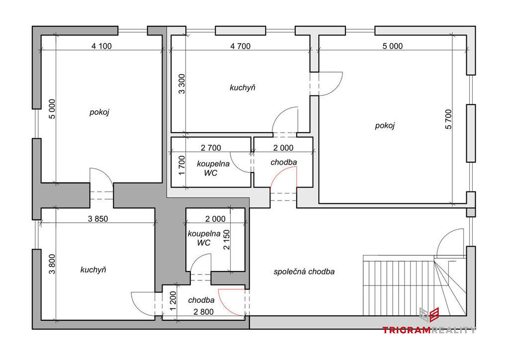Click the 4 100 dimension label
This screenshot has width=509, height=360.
click(101, 46)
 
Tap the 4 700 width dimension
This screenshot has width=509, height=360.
click(240, 46)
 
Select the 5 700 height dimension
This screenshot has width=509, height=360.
click(448, 119)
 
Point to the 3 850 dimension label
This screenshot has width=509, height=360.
click(98, 219)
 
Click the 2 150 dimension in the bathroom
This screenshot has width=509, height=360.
click(226, 240)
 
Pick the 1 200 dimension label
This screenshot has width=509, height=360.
click(172, 300)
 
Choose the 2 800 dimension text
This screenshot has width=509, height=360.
click(203, 312)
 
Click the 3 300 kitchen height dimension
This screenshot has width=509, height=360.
click(182, 84)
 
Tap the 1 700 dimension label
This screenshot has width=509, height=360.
click(182, 165)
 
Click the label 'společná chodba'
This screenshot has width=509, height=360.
click(304, 271)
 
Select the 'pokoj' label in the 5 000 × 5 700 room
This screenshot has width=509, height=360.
click(385, 126)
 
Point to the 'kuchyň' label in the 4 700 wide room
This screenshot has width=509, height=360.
click(243, 88)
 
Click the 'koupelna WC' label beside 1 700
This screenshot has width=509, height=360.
click(213, 169)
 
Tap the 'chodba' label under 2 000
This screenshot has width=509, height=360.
click(284, 162)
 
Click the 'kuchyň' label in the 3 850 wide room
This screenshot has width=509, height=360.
click(93, 270)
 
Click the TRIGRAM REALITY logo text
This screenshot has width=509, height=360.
click(429, 330)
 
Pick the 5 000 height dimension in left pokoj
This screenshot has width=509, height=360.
click(52, 109)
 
